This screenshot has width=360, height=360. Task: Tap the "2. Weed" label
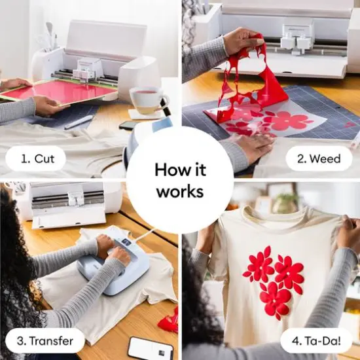319,158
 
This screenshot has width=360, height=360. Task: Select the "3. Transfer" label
43,340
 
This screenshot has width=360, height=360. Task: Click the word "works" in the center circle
179,192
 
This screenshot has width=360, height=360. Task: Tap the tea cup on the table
148,99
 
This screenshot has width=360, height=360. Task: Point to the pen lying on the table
79,122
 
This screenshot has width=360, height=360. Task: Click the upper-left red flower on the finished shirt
259,263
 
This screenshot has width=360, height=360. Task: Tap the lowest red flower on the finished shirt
275,298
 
